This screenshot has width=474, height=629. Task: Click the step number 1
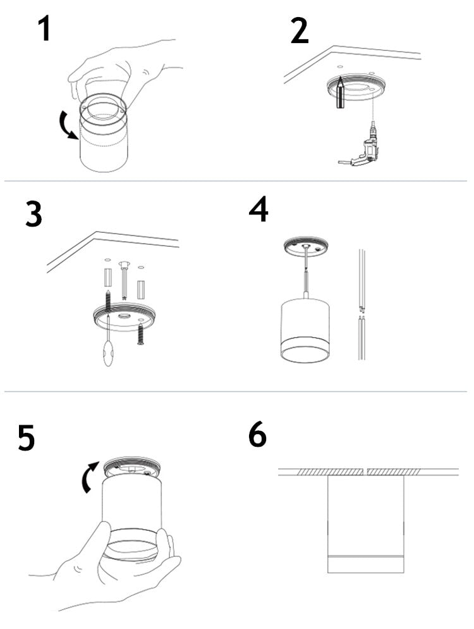point(43,29)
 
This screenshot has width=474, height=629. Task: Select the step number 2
point(300,30)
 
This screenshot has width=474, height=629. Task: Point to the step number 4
point(258,210)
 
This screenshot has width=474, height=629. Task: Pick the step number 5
point(26,438)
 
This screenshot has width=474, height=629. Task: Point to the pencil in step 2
point(340,92)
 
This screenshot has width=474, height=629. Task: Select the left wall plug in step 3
point(107,278)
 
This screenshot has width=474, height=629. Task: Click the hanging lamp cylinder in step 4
point(305,330)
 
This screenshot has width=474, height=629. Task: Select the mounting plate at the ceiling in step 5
point(133,467)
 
